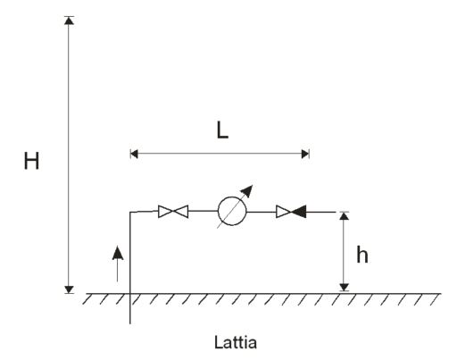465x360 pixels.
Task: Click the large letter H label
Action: tap(31, 161)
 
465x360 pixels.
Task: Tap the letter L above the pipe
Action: tap(222, 130)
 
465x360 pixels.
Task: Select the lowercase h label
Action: tap(362, 255)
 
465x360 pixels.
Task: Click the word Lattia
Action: tap(236, 342)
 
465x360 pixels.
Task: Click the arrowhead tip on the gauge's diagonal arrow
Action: tap(253, 185)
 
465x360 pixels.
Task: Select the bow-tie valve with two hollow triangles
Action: tap(173, 212)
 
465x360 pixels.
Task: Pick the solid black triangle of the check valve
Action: tap(298, 212)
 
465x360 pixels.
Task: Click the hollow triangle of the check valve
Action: tap(284, 212)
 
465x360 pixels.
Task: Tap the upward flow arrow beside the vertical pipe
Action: tap(118, 264)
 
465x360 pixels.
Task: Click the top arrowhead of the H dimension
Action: tap(69, 21)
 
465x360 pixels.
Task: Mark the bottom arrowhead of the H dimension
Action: tap(69, 289)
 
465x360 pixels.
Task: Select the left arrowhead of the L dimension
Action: tap(134, 154)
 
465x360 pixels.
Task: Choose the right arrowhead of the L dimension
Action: tap(305, 154)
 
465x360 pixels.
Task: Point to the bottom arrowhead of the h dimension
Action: tap(345, 288)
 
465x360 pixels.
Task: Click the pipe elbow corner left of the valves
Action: tap(130, 212)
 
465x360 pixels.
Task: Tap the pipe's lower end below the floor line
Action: tap(130, 323)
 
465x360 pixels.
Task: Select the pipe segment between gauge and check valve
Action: tap(262, 212)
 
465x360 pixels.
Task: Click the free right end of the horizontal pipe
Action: tap(336, 212)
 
